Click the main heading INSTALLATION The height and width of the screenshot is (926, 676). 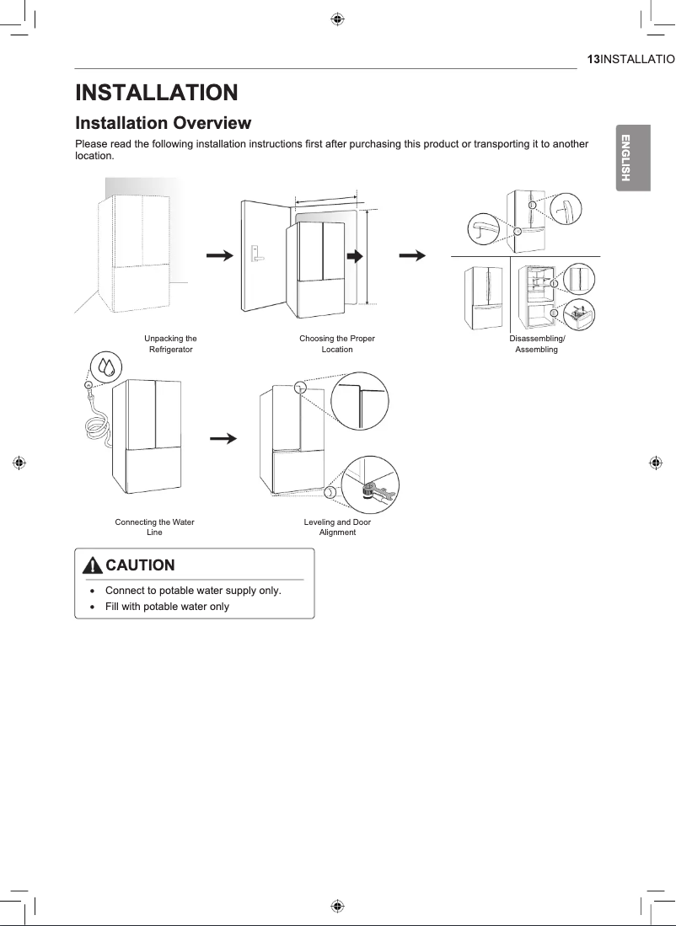click(x=157, y=92)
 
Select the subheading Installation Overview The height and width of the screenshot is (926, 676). click(x=164, y=123)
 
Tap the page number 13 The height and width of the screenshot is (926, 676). click(x=593, y=59)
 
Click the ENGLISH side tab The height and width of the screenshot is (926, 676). click(x=626, y=158)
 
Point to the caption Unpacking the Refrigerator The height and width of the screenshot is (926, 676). click(x=171, y=344)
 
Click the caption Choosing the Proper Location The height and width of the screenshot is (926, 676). click(x=337, y=344)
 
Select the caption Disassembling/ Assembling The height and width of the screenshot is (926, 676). click(x=537, y=344)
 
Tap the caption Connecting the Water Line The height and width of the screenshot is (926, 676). click(x=154, y=527)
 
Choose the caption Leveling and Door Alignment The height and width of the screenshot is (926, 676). click(x=337, y=527)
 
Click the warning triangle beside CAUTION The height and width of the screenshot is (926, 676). click(x=94, y=565)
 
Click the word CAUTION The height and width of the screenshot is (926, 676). click(x=141, y=565)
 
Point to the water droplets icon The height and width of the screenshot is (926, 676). click(x=106, y=367)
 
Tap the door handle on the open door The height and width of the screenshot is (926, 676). click(x=254, y=252)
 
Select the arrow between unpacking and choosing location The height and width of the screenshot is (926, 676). click(x=219, y=256)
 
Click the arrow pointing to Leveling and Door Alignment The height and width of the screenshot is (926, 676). click(x=223, y=438)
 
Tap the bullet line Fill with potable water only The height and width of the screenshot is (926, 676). click(x=167, y=607)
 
